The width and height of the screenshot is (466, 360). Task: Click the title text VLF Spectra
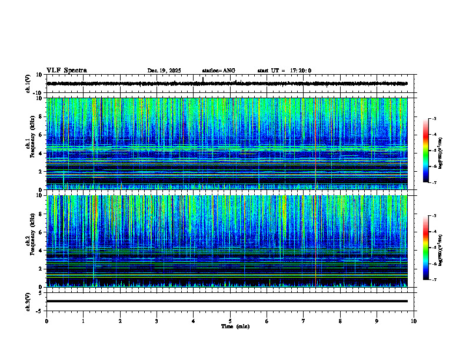(66, 71)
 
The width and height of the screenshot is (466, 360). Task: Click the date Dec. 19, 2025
(164, 71)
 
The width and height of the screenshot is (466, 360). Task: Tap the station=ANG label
(218, 71)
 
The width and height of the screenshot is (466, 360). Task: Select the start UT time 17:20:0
(284, 71)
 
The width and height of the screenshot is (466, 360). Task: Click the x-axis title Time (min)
(235, 326)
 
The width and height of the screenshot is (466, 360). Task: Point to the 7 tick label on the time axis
(303, 321)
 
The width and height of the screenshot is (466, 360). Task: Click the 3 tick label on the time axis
(157, 321)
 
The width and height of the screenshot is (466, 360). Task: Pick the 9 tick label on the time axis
(377, 321)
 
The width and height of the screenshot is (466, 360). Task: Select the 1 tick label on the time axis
(83, 321)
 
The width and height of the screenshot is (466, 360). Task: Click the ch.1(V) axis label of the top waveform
(28, 84)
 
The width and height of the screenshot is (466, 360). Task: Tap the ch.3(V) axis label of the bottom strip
(28, 301)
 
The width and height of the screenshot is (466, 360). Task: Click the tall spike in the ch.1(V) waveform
(203, 79)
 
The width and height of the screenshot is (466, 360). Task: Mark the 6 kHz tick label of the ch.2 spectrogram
(40, 232)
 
